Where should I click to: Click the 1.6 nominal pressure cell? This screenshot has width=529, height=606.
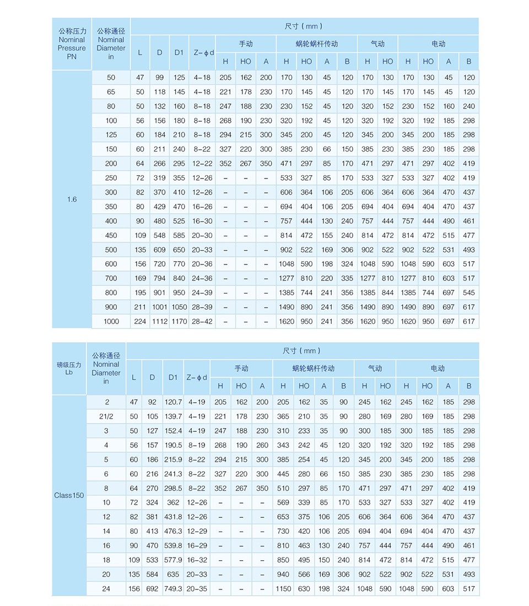[x=72, y=199]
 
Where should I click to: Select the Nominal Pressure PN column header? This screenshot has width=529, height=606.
[x=72, y=44]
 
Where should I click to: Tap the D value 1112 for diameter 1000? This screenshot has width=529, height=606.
[x=159, y=321]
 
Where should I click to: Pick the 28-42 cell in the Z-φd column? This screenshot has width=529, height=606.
[x=202, y=321]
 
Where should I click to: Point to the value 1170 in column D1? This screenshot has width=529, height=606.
[x=179, y=321]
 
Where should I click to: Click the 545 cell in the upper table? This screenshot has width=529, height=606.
[x=469, y=293]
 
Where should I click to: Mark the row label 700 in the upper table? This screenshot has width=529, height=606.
[x=111, y=278]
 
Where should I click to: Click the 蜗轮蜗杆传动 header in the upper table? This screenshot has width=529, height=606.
[x=316, y=44]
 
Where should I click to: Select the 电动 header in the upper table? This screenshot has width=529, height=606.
[x=439, y=44]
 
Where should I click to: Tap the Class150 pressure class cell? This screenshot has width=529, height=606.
[x=69, y=495]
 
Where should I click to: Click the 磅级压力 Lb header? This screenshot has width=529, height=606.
[x=69, y=368]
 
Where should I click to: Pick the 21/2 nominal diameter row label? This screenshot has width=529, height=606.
[x=106, y=416]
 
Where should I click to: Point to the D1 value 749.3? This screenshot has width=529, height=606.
[x=173, y=588]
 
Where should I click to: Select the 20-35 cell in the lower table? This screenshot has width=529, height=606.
[x=197, y=588]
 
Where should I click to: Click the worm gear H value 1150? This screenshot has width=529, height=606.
[x=283, y=588]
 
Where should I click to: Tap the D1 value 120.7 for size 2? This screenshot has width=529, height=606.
[x=173, y=402]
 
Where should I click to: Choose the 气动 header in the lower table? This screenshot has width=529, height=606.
[x=375, y=368]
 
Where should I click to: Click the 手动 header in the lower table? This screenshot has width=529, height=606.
[x=241, y=368]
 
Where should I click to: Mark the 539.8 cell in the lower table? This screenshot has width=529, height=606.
[x=173, y=545]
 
